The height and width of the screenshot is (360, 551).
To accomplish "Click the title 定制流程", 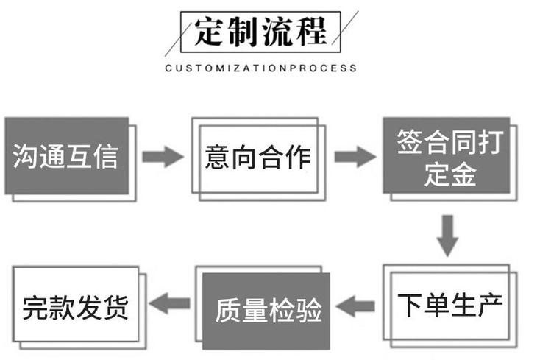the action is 260,32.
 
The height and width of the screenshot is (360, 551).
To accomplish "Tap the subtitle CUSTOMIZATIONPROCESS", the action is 260,68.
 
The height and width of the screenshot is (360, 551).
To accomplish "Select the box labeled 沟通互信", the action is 67,156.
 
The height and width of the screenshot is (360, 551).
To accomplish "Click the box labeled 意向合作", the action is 255,156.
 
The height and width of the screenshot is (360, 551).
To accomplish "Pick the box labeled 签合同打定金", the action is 447,155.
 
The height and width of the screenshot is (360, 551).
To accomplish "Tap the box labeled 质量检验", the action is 266,311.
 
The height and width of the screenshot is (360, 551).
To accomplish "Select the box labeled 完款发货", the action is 76,304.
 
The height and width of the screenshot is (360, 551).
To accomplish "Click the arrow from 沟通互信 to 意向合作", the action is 163,157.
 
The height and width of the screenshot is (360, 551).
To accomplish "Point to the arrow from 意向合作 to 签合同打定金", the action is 355,157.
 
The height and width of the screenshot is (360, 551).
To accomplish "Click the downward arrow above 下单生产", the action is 447,236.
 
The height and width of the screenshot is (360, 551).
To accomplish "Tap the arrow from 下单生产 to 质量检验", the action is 355,306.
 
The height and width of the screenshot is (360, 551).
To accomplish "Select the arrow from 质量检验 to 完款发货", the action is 170,303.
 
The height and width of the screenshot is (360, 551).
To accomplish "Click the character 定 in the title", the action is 209,32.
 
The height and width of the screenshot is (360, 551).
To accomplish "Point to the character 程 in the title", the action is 311,32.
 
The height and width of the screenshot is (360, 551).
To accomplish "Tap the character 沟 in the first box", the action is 24,156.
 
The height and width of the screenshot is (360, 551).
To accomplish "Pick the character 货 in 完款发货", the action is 115,307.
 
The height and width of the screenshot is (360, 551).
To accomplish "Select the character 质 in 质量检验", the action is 228,311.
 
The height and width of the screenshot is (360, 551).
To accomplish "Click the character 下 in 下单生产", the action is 410,306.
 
